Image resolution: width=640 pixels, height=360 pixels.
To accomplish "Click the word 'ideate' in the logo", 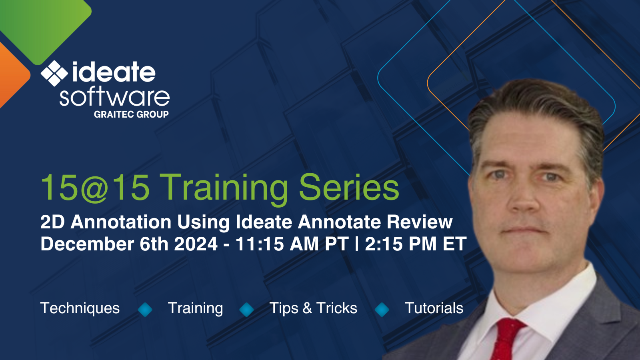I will click(x=114, y=73).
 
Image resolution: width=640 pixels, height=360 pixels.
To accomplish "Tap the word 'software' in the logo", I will click(x=114, y=97).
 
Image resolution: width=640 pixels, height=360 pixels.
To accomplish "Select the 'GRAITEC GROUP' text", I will click(x=131, y=114).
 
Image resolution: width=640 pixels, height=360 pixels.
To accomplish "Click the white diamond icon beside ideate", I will click(x=54, y=73).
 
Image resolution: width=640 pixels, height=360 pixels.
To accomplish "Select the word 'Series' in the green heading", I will click(x=349, y=187).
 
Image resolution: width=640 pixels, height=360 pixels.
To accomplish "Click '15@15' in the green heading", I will click(x=95, y=187).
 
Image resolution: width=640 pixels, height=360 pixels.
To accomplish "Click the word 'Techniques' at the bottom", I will click(x=80, y=308).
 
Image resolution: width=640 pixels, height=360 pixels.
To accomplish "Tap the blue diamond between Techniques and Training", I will click(x=145, y=309).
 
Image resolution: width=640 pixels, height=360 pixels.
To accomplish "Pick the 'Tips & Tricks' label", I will click(x=313, y=308).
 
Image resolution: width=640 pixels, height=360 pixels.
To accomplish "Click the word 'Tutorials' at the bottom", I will click(x=434, y=308).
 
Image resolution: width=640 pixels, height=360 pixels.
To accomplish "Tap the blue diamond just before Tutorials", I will click(x=382, y=309).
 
